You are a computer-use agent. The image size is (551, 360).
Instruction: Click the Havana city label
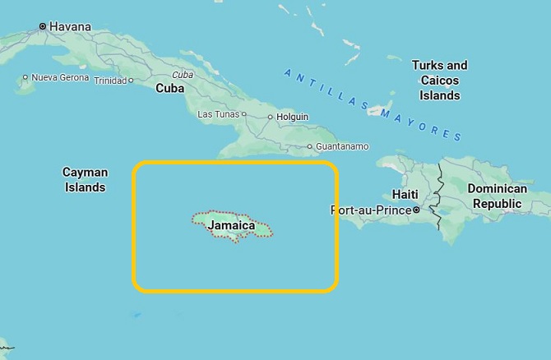tap(70, 26)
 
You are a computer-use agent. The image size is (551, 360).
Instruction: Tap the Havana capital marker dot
tap(42, 26)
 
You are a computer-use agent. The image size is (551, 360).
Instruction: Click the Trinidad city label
tap(110, 81)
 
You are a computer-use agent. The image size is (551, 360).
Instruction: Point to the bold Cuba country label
tap(169, 88)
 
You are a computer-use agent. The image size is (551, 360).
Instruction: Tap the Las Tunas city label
tap(217, 113)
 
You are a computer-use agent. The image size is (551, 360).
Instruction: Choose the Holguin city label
tap(292, 117)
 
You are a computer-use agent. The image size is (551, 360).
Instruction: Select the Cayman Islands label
tap(85, 179)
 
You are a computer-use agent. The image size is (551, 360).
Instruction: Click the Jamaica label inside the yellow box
tap(231, 224)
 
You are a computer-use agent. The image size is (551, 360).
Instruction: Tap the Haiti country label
tap(405, 194)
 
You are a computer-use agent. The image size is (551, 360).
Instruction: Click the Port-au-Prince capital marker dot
tap(416, 210)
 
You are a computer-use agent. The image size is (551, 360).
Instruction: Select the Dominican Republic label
tap(496, 196)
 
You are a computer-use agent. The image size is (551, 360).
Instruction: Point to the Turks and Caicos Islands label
tap(439, 80)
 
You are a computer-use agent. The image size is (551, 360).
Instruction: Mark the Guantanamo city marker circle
tap(309, 147)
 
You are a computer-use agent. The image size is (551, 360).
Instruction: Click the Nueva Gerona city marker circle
tap(25, 77)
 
